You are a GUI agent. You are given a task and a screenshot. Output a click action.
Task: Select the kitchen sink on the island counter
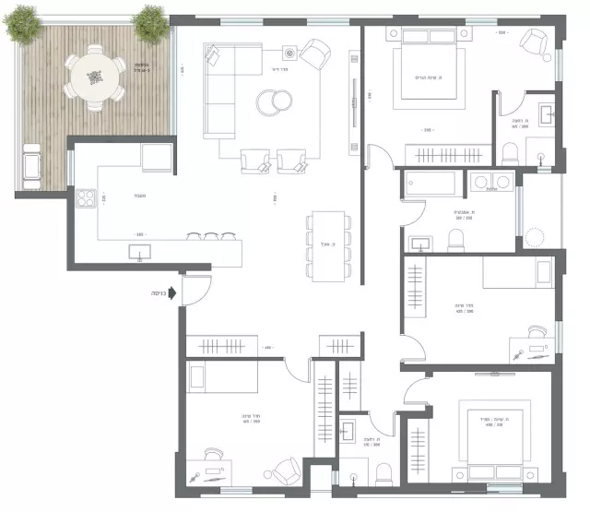click(x=139, y=251)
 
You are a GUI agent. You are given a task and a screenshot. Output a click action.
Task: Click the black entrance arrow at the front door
click(x=175, y=293)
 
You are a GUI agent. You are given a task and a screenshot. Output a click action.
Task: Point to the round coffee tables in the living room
click(x=273, y=101)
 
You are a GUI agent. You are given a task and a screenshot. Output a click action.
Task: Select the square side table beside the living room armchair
click(x=289, y=53)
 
